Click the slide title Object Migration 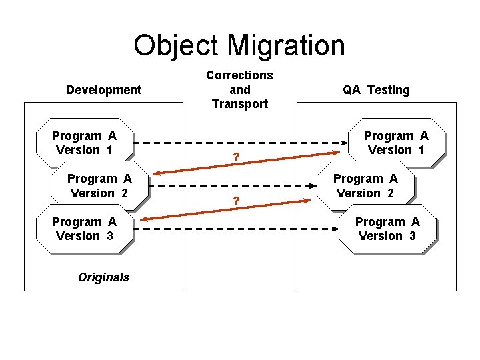(x=239, y=45)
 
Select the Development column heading (x=103, y=89)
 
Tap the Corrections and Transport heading (x=239, y=89)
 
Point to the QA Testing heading (x=376, y=89)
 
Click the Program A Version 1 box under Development (x=84, y=143)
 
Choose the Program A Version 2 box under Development (x=99, y=186)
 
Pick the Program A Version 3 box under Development (x=84, y=229)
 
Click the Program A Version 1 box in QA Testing (x=395, y=143)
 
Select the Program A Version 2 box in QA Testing (x=365, y=186)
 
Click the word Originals (x=103, y=277)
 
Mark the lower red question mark (x=235, y=201)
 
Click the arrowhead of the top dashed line (x=345, y=143)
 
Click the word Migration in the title (x=286, y=45)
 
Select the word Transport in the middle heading (x=239, y=104)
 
